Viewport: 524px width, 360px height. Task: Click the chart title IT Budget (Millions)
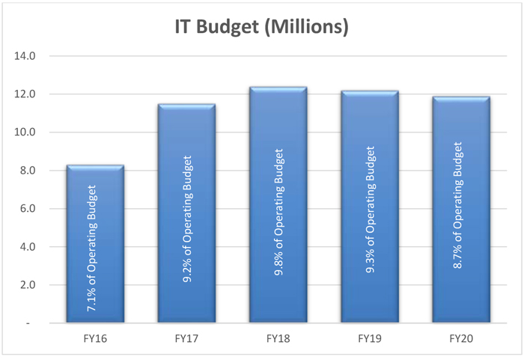click(x=262, y=28)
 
